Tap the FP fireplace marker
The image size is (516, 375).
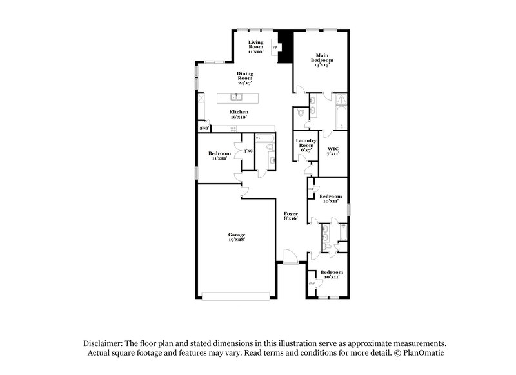click(274, 47)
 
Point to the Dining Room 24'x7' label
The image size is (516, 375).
click(244, 78)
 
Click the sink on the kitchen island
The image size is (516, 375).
click(237, 98)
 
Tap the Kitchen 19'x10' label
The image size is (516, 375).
click(239, 115)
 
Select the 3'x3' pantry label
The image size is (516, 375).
click(203, 128)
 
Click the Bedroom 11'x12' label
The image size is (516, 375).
click(218, 155)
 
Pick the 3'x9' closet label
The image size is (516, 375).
click(248, 151)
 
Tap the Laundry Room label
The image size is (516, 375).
click(306, 145)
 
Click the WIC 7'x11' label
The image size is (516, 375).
click(333, 151)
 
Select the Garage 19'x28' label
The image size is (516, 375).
click(236, 236)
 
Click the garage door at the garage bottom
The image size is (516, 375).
click(236, 296)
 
